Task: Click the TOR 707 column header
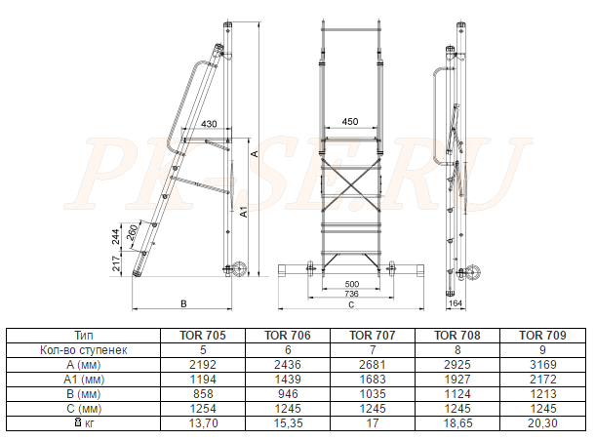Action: (373, 335)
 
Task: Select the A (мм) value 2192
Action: (203, 365)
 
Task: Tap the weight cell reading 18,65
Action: (457, 423)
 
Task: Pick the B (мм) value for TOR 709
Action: (542, 394)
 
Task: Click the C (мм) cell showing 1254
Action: (203, 409)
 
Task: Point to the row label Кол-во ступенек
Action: (84, 350)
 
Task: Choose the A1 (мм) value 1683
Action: (373, 380)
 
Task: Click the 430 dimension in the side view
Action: (209, 124)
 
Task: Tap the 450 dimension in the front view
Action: (350, 121)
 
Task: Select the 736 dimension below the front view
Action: (351, 294)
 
